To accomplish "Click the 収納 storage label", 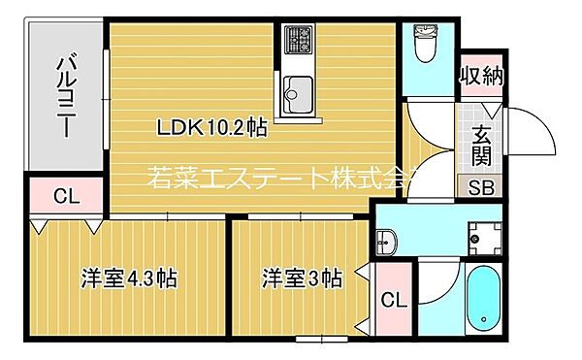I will click(x=481, y=76).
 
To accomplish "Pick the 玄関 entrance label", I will click(x=482, y=146).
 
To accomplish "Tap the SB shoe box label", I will click(x=480, y=188).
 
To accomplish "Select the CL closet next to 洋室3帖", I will click(x=393, y=300).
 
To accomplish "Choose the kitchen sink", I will click(x=296, y=93).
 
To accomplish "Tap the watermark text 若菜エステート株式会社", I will click(x=281, y=178).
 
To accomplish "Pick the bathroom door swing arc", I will click(x=438, y=281).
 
